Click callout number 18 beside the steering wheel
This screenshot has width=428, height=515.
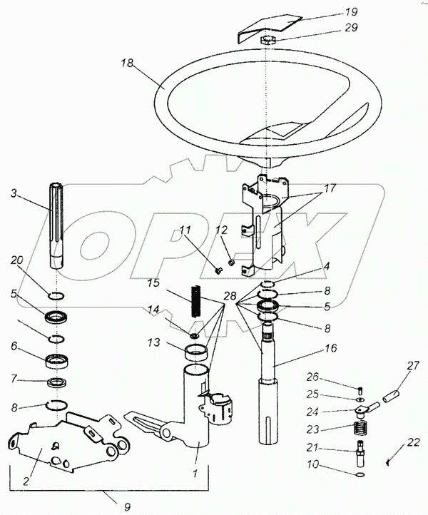point(127,64)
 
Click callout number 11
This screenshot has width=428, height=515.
point(185,230)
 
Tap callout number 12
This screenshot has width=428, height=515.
point(221,230)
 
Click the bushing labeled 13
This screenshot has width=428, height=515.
point(198,353)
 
